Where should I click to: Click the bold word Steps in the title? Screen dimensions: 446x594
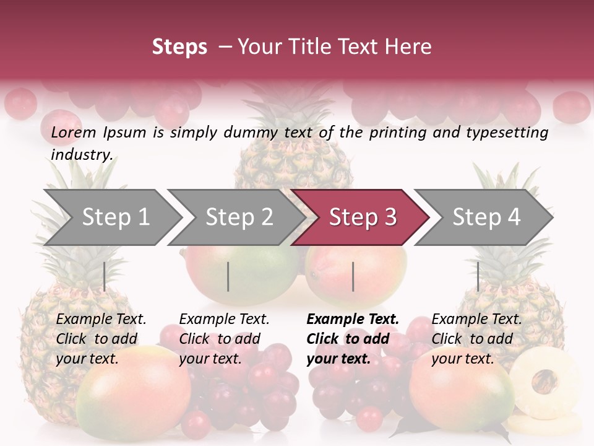point(179,47)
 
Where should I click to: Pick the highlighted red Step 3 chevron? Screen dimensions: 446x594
point(362,217)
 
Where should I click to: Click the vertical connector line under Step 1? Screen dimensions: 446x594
point(105,276)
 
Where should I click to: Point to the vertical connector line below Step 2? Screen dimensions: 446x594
point(228,276)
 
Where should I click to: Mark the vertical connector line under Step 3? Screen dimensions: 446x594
point(353,276)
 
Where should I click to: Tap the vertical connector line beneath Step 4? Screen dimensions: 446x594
point(478,276)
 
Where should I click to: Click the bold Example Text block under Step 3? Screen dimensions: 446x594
point(352,339)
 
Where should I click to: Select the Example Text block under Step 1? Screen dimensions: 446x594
point(101,339)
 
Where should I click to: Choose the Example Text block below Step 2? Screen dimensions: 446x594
point(223,339)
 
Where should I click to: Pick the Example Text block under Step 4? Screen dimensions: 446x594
point(476,339)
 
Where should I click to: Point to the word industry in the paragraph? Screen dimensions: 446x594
point(81,155)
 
